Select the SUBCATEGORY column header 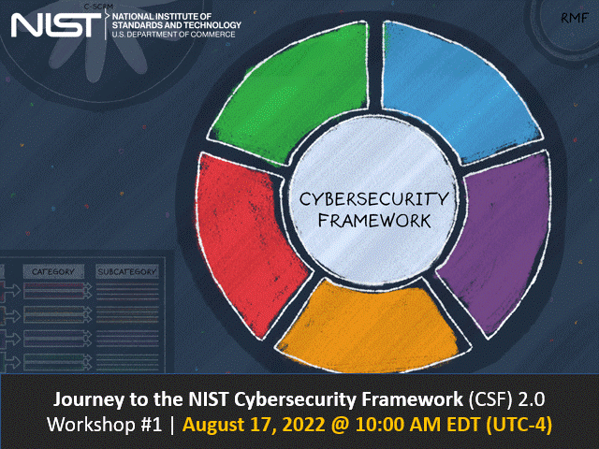point(127,271)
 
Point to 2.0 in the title point(540,399)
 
